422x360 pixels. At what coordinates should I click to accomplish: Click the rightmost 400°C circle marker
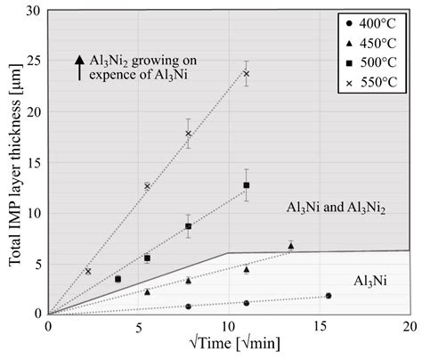coord(329,296)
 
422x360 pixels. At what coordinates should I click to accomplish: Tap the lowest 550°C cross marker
coord(88,271)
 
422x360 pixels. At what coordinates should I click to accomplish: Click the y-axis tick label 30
coord(35,12)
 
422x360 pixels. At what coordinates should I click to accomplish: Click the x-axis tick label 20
coord(410,328)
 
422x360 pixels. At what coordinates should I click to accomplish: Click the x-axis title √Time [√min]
coord(230,348)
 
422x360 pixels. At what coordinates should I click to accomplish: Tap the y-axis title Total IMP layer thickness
coord(12,160)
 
